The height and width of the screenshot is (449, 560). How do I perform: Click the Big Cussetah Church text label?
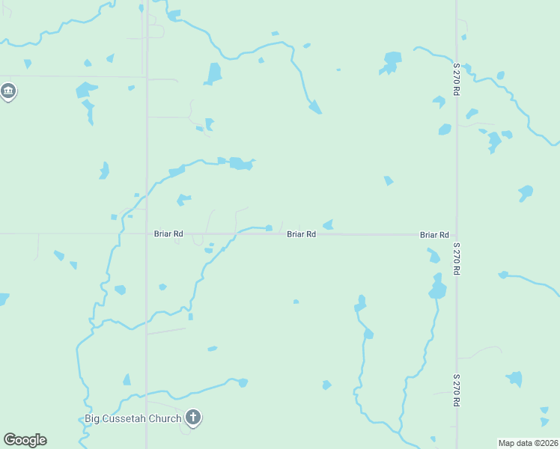tap(133, 418)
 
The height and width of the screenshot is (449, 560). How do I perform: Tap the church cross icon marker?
tap(193, 417)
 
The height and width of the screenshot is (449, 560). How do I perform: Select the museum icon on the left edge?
tap(8, 92)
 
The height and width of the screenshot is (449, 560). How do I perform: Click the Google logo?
tap(25, 440)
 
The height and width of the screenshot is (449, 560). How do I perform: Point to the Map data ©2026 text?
tap(528, 443)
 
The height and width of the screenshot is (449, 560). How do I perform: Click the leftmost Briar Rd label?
tap(168, 234)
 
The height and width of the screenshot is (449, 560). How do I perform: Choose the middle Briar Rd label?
tap(301, 234)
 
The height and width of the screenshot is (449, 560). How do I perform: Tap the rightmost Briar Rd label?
tap(434, 235)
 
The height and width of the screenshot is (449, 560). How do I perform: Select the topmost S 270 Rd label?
tap(455, 78)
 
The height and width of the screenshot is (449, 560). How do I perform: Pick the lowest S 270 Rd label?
tap(455, 391)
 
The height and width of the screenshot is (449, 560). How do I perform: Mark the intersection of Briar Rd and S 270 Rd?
tap(457, 235)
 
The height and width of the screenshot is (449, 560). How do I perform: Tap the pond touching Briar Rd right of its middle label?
tap(328, 224)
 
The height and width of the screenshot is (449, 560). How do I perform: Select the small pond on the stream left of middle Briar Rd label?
tap(269, 228)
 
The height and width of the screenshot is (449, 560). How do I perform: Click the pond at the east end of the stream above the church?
tap(243, 383)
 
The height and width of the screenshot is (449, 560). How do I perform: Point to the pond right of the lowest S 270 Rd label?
tap(514, 379)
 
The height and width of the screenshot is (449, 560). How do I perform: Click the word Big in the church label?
tap(92, 418)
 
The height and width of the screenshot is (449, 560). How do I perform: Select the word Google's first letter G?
tap(10, 440)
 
